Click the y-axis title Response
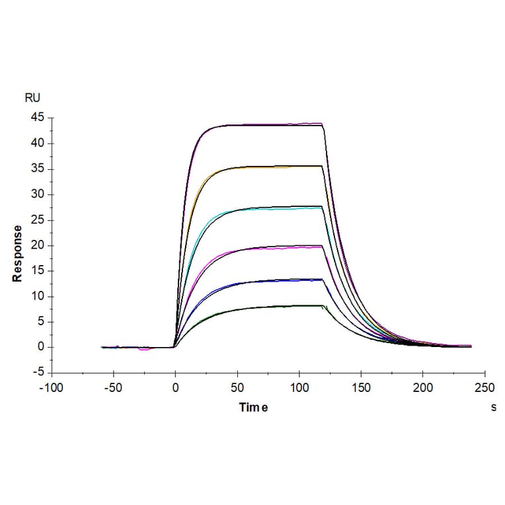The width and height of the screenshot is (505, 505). pos(17,253)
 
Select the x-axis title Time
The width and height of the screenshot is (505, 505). pos(253,408)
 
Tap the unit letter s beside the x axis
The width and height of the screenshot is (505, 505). pos(493,408)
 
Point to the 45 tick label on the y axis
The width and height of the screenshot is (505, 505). pos(37,118)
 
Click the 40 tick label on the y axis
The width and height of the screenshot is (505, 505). pos(37,143)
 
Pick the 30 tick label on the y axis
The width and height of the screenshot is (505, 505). pos(37,194)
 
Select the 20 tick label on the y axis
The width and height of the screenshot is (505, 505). pos(37,245)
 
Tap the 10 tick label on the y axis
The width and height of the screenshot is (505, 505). pos(37,296)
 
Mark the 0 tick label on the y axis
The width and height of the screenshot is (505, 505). pos(40,347)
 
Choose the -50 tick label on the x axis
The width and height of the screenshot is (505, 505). pos(113,388)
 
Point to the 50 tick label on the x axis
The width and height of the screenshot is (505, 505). pos(237,388)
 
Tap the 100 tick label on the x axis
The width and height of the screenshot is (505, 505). pos(299,388)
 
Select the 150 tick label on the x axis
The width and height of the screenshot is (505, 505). pos(361,388)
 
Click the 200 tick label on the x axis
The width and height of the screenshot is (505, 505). pos(423,388)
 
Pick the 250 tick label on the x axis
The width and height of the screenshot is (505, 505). pos(485,388)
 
